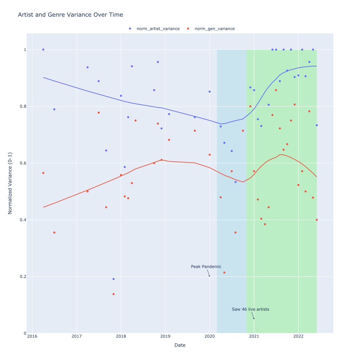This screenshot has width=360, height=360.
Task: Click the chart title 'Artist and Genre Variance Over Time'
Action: click(x=70, y=15)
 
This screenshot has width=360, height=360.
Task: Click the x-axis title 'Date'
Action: click(x=180, y=345)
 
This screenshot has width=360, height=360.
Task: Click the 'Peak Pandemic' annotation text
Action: click(x=206, y=266)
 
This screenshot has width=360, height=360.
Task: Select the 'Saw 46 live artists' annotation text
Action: click(x=250, y=309)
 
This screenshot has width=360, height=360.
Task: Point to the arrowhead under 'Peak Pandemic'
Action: click(x=210, y=276)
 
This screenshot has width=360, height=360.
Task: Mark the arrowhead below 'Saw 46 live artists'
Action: click(x=254, y=319)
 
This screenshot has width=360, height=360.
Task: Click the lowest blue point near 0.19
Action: click(x=114, y=279)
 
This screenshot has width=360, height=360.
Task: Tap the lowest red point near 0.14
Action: click(x=114, y=294)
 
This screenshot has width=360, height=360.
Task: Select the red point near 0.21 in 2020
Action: click(x=224, y=272)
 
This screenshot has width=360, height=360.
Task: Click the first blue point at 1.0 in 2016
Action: click(x=43, y=50)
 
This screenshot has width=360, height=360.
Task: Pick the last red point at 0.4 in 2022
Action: click(x=317, y=220)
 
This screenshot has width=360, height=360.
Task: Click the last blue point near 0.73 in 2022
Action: click(x=317, y=125)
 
